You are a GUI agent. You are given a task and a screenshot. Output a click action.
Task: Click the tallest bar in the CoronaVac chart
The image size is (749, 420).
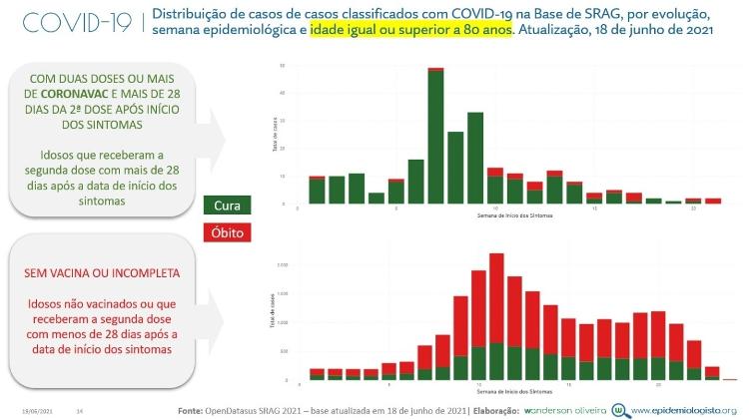click(435, 138)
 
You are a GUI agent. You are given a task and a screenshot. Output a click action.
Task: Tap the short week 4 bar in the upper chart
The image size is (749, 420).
click(376, 198)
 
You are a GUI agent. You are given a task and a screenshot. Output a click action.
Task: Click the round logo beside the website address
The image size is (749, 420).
click(621, 409)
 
